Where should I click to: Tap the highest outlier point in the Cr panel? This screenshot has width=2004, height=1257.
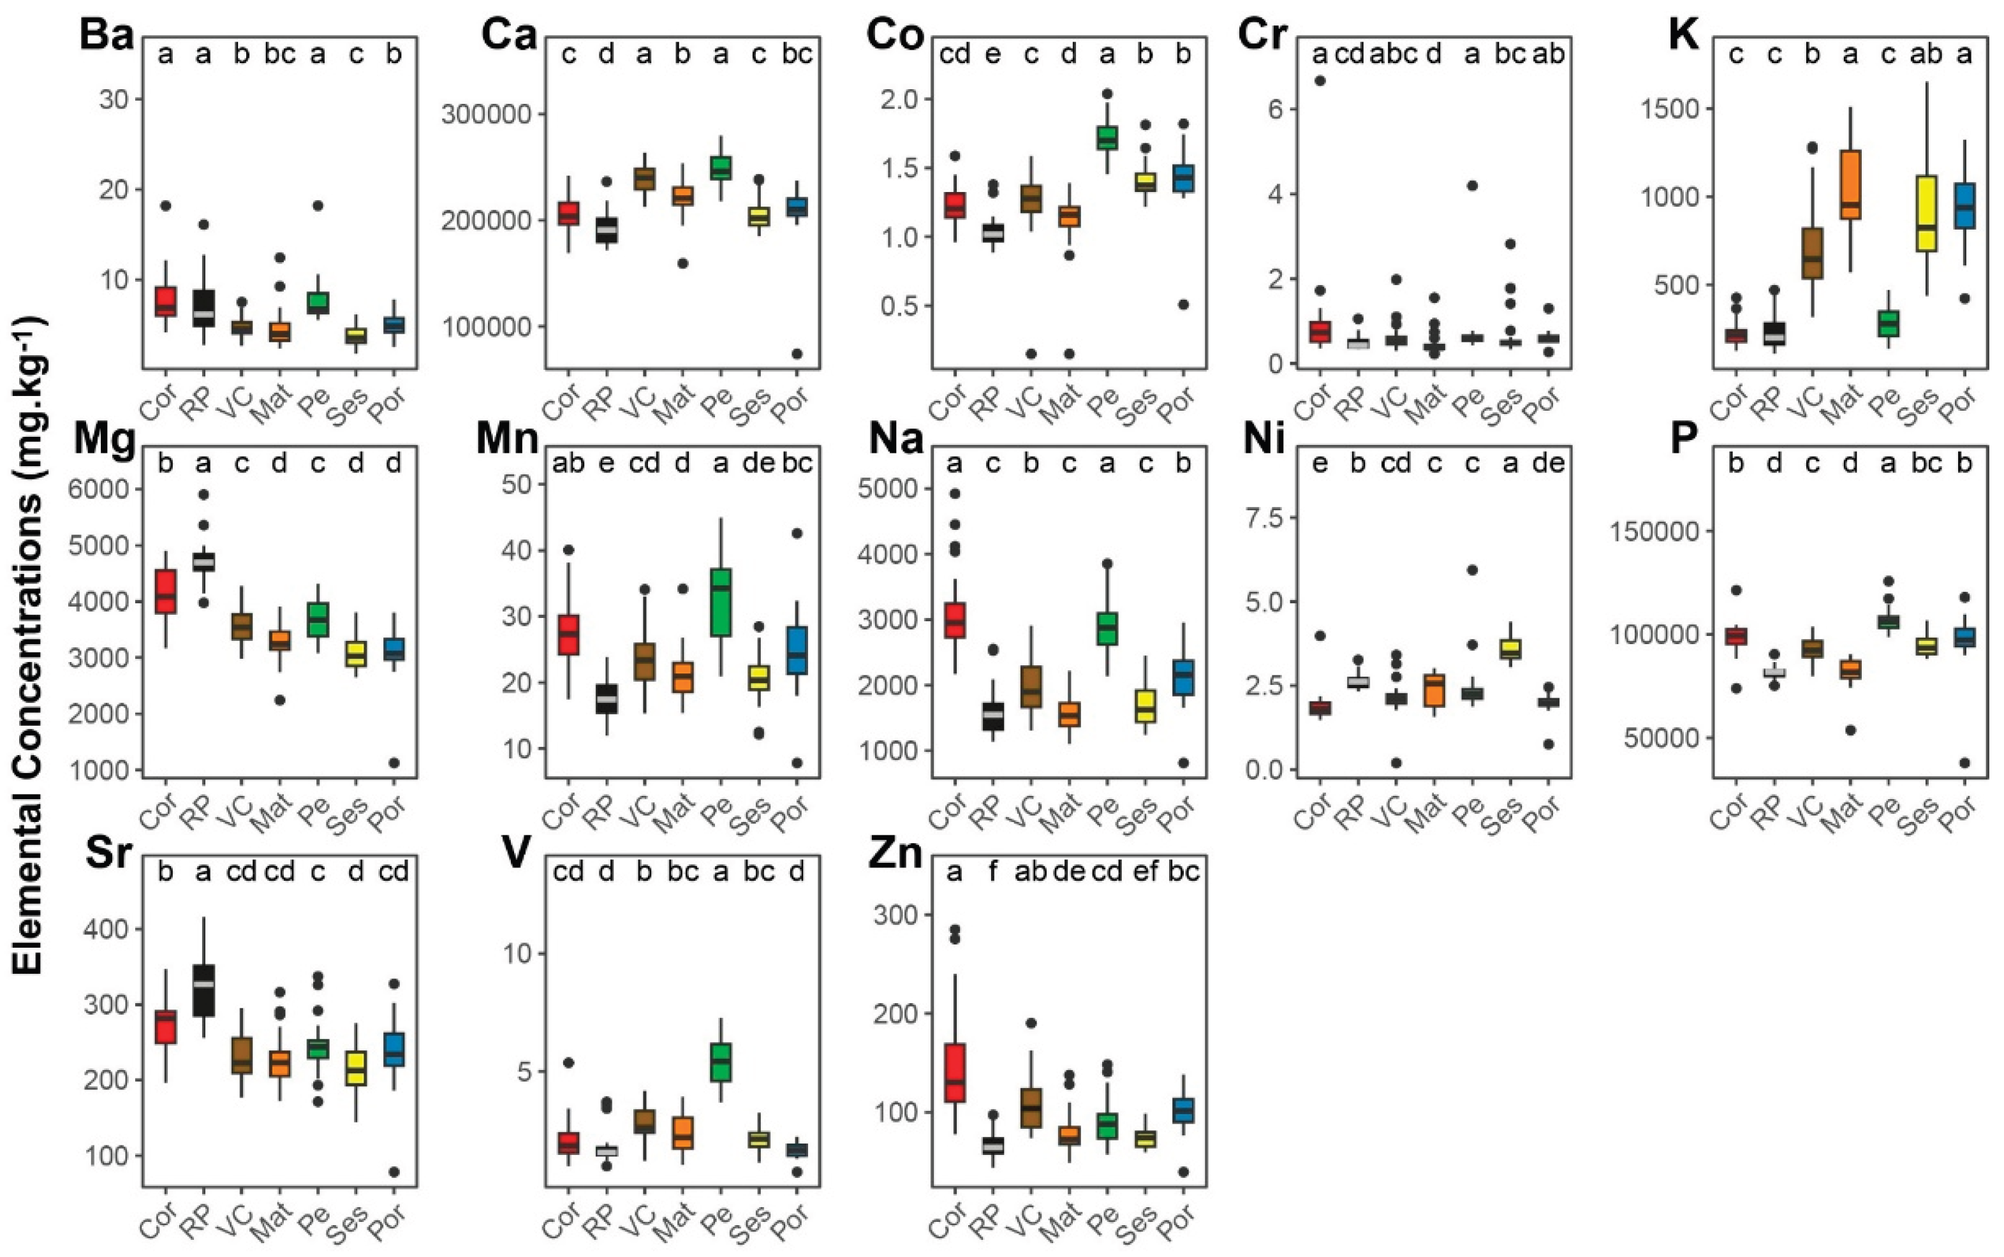click(1320, 80)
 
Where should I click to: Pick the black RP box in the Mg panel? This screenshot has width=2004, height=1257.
click(203, 561)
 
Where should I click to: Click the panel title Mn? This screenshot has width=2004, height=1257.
click(507, 438)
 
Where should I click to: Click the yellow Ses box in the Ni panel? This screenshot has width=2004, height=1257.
click(1510, 649)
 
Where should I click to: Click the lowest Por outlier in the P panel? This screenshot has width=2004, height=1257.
click(1964, 762)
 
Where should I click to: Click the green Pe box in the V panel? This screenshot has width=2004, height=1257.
click(721, 1062)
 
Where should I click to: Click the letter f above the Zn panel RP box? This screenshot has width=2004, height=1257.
click(992, 871)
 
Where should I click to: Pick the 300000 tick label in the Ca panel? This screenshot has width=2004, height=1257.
click(485, 114)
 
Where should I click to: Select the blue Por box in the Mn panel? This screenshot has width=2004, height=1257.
click(797, 650)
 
